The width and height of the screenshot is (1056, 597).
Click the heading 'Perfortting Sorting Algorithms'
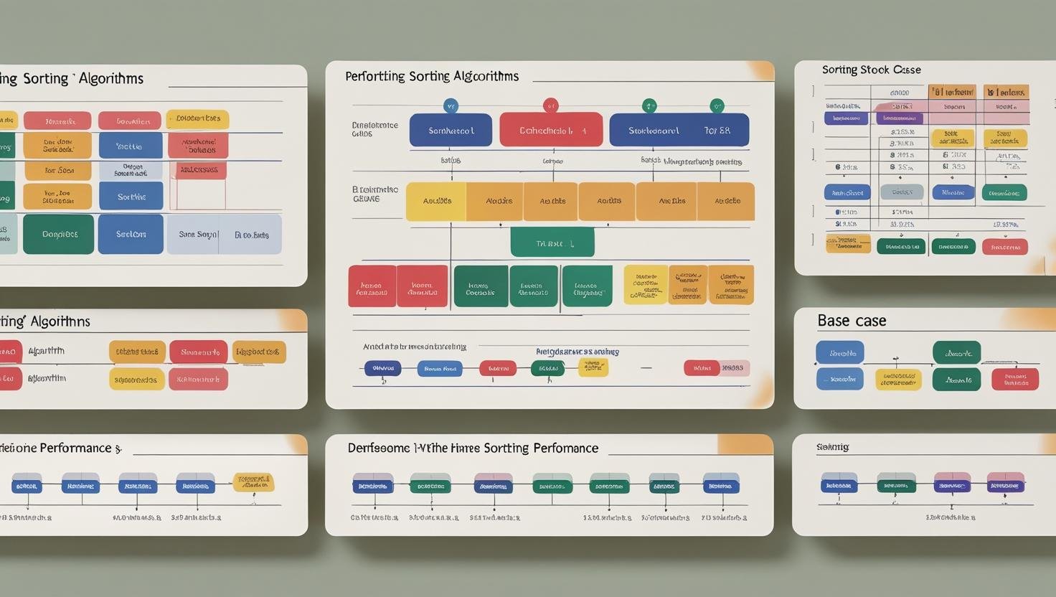432,76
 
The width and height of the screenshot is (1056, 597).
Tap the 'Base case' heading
852,321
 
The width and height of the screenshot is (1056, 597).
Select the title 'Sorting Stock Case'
871,70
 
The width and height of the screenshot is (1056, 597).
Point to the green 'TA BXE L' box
552,243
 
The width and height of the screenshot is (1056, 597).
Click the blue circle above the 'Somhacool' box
451,106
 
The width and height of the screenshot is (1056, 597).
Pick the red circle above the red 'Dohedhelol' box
550,105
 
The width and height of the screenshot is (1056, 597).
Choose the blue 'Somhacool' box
451,131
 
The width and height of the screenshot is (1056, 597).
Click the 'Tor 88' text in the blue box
717,131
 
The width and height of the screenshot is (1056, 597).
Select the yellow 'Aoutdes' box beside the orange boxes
436,201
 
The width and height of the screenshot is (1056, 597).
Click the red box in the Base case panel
1014,379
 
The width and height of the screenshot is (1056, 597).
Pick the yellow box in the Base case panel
898,380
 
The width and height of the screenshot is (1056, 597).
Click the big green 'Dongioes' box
59,234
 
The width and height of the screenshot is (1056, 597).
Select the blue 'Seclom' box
131,234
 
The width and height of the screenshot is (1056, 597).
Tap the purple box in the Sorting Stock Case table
846,118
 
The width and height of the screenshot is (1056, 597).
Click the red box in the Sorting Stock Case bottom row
1004,247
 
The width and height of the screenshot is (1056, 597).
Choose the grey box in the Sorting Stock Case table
902,192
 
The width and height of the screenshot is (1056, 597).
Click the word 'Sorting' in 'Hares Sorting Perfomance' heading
506,448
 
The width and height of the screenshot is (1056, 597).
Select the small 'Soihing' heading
832,447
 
